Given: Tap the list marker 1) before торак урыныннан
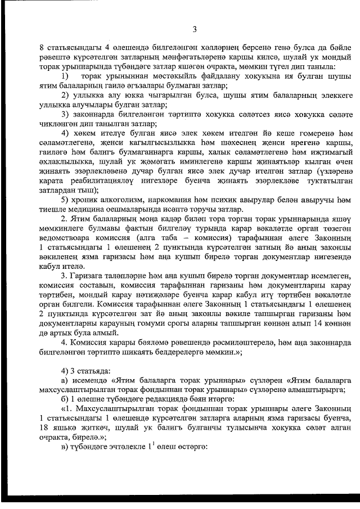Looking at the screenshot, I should [x=65, y=75].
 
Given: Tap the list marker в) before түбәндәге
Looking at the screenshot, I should [x=65, y=455].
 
